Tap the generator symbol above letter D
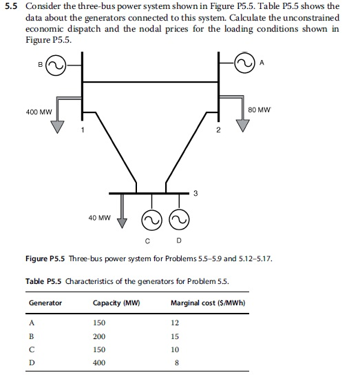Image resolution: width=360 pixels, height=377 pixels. pyautogui.click(x=179, y=220)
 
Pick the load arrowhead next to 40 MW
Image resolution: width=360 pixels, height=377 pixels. pyautogui.click(x=123, y=222)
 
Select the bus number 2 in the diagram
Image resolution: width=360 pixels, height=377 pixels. pyautogui.click(x=216, y=131)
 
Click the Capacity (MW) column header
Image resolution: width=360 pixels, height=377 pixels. pyautogui.click(x=114, y=303)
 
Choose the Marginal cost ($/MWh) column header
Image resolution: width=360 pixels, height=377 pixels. pyautogui.click(x=209, y=303)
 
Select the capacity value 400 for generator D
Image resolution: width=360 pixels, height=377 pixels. pyautogui.click(x=98, y=363)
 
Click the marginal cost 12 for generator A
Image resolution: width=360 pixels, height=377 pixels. pyautogui.click(x=176, y=323)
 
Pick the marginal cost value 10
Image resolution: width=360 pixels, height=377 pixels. pyautogui.click(x=176, y=349)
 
